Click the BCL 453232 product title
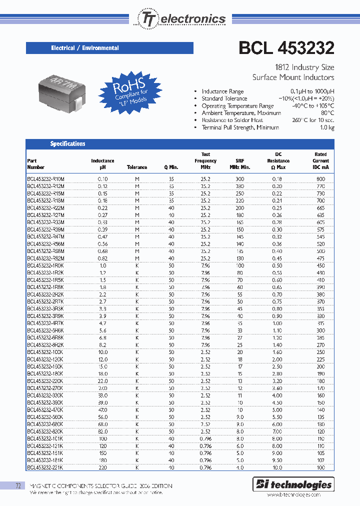click(286, 48)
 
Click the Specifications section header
click(67, 144)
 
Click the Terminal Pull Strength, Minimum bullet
click(240, 127)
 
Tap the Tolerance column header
click(137, 167)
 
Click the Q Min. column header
click(171, 167)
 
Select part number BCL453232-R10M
click(46, 178)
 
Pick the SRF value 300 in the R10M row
click(240, 178)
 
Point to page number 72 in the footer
click(18, 486)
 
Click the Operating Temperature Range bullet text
click(237, 106)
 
